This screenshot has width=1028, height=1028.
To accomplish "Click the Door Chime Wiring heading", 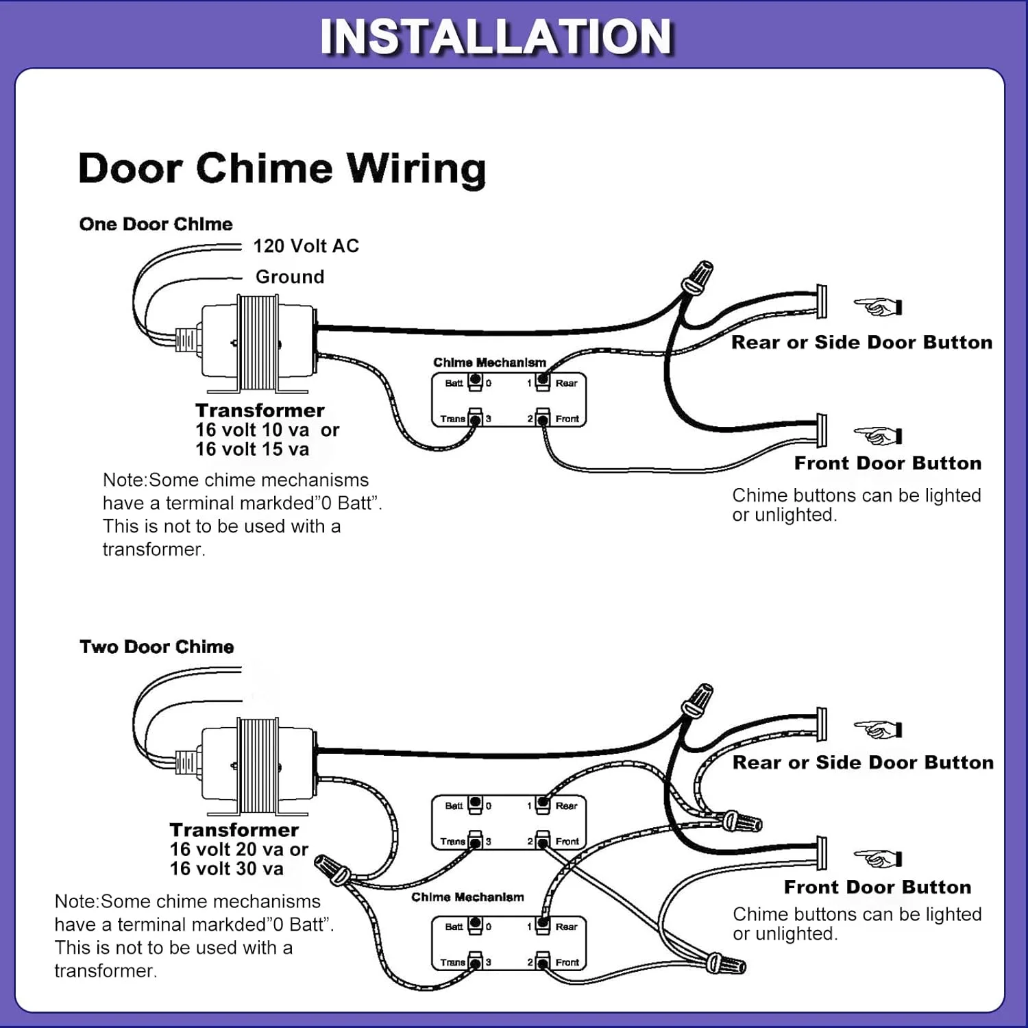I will (x=282, y=168).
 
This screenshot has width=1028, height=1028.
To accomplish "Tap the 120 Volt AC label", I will (x=306, y=246).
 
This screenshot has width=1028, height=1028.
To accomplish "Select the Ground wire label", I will (x=290, y=277).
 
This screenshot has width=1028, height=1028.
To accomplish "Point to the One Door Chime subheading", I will (x=156, y=224).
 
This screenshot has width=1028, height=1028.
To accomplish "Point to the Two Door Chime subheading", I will (x=156, y=647).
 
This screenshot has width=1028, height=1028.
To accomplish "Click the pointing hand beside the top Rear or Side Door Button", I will (x=878, y=306).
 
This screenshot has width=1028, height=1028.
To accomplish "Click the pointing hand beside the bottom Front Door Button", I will (x=878, y=858).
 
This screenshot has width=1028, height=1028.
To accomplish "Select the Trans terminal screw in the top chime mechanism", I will (x=475, y=417).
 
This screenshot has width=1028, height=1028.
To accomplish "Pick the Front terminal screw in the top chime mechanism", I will (x=543, y=417).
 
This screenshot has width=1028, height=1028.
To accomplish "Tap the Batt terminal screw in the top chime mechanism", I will (x=475, y=382).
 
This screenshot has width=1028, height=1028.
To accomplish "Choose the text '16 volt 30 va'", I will (x=226, y=869).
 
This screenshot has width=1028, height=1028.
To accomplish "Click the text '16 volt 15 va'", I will (x=252, y=450).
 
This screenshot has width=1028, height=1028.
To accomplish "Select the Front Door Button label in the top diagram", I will (x=888, y=463).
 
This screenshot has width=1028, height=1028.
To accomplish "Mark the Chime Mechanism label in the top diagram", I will (x=489, y=363).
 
